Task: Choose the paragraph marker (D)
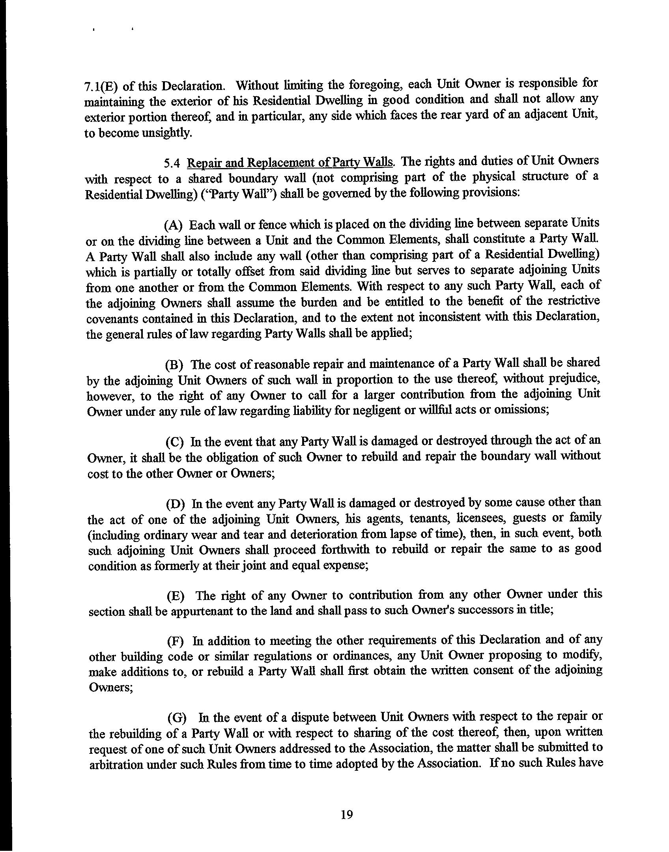pos(176,504)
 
